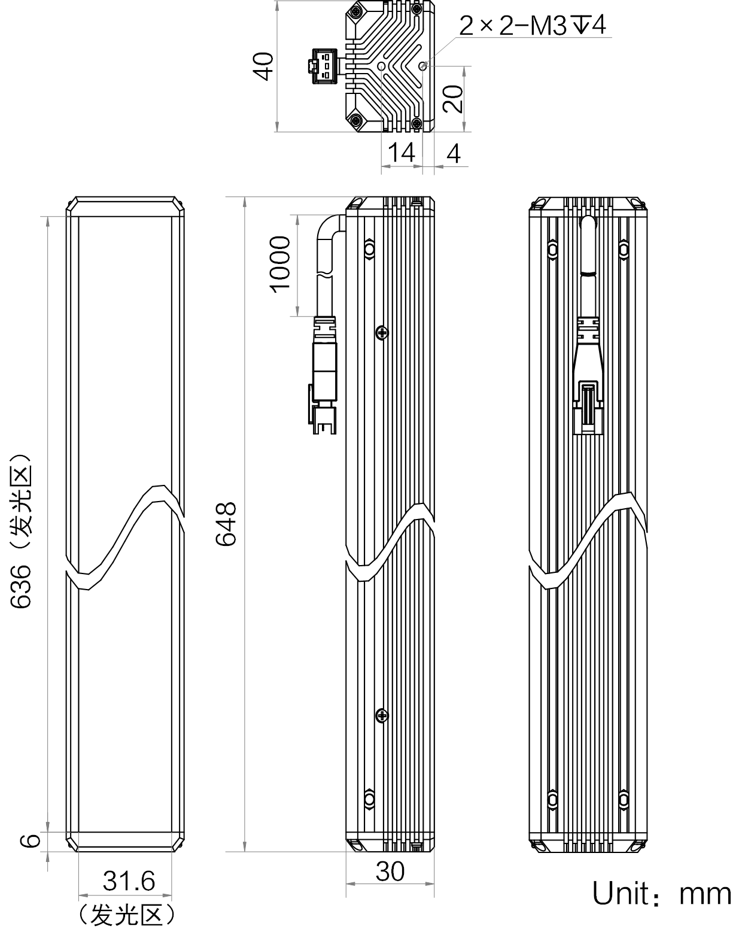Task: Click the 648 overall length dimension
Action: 226,524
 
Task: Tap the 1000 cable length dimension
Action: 280,264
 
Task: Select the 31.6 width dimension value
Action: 129,881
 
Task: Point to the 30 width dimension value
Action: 390,872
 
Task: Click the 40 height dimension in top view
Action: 264,66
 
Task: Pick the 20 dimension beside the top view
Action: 452,99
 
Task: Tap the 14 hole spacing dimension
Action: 401,153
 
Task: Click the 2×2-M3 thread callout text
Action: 533,25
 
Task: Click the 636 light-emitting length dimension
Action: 21,532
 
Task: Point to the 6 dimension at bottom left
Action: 31,840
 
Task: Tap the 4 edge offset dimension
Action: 454,153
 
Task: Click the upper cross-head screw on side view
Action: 382,333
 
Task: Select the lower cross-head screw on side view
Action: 382,716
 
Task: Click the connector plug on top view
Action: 324,66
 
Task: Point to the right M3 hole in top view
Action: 422,66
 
